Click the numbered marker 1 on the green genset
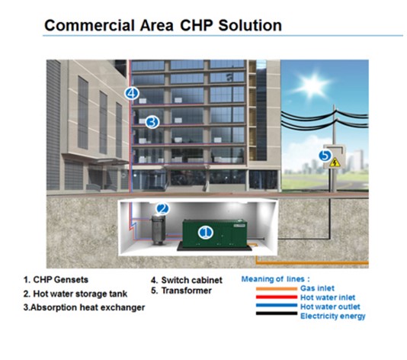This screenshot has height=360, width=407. [206, 233]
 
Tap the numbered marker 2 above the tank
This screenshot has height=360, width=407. [163, 208]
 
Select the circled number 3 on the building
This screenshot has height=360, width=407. [152, 122]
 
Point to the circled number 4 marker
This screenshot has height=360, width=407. [132, 93]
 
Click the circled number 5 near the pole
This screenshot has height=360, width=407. [325, 156]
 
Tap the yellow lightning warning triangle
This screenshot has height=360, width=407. [335, 162]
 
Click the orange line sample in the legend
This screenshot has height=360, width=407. [277, 288]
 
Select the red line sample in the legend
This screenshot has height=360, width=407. [277, 297]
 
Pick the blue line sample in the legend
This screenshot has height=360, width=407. [277, 305]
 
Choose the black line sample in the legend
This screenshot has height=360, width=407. [277, 313]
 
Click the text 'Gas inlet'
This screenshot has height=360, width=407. [317, 288]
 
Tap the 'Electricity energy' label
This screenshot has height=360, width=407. [333, 316]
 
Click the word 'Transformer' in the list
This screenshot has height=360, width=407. [187, 291]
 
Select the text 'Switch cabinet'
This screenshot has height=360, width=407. [191, 280]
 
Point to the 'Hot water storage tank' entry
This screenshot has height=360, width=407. [75, 294]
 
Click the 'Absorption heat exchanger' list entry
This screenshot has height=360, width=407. [84, 307]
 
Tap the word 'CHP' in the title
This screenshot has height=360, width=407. [196, 25]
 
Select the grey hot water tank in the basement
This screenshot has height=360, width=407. [159, 230]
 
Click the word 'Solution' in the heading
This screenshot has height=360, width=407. [250, 25]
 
